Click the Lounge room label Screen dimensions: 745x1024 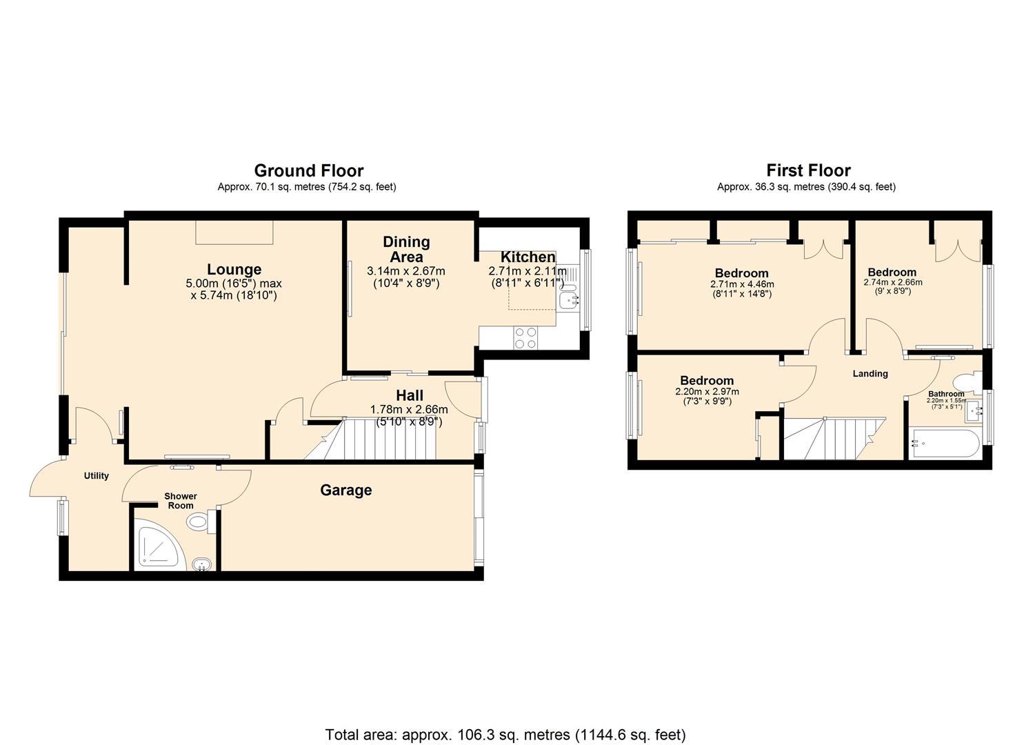click(x=234, y=270)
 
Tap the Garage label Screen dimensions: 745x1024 click(x=345, y=490)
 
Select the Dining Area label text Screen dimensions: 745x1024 click(x=406, y=249)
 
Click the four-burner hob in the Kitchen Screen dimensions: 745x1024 click(x=525, y=337)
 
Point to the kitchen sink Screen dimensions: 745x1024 click(x=570, y=300)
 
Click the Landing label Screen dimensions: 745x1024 click(x=870, y=374)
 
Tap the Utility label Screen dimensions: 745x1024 click(x=97, y=476)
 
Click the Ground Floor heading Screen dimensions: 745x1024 click(x=308, y=170)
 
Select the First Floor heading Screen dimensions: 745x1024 click(x=808, y=170)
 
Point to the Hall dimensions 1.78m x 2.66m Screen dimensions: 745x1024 click(x=409, y=409)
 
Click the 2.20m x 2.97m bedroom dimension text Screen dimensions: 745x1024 click(x=707, y=392)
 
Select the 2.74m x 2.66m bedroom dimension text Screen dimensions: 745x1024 click(x=892, y=282)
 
